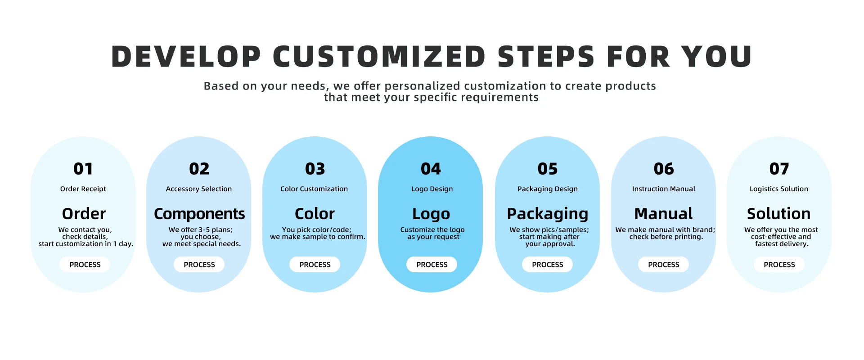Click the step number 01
click(83, 169)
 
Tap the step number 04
click(431, 169)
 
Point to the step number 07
click(779, 169)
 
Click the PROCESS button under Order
click(85, 265)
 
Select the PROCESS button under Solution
click(779, 265)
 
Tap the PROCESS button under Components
click(199, 265)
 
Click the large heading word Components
click(199, 214)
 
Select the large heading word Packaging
click(548, 214)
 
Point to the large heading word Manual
click(663, 213)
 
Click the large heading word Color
click(315, 213)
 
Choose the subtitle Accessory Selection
click(199, 189)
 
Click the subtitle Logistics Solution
click(779, 189)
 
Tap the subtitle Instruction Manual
click(664, 189)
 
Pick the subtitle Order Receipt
click(83, 189)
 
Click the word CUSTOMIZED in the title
click(379, 57)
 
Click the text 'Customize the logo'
click(432, 229)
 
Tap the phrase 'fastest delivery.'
click(782, 244)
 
